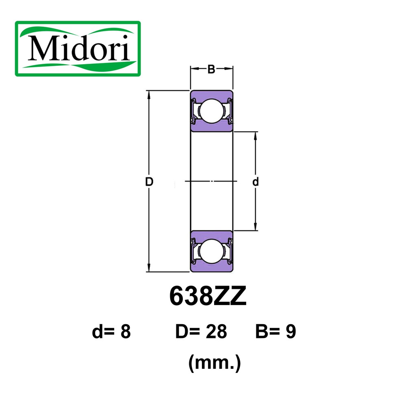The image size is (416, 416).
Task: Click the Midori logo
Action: (x=78, y=49)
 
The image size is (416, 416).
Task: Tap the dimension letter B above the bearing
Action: (x=211, y=69)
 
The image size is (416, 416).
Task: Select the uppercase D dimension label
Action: (x=149, y=182)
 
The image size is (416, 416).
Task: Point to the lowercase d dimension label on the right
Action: (x=255, y=182)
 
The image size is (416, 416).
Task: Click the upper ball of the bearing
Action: (x=212, y=111)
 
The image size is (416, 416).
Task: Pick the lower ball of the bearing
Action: (x=212, y=251)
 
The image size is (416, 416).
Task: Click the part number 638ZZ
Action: (x=208, y=296)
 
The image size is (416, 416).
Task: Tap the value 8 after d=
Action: (x=126, y=331)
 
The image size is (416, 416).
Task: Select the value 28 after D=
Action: (x=216, y=331)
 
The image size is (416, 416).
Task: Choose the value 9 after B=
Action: (x=291, y=331)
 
